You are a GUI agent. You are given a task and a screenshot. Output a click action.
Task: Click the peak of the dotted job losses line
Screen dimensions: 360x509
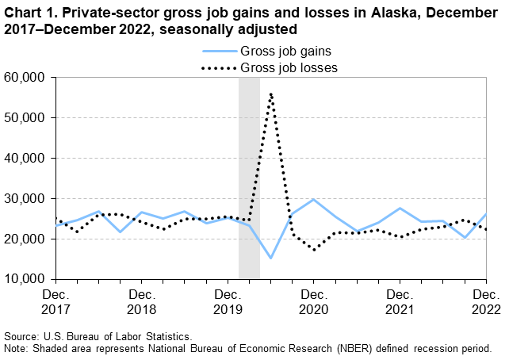point(271,94)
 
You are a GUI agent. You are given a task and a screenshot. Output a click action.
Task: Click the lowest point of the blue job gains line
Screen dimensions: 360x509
point(271,258)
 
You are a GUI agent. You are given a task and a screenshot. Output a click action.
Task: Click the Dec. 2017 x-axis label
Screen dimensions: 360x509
point(55,301)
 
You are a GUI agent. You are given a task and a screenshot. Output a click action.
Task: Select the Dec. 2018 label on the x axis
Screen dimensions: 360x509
point(142,301)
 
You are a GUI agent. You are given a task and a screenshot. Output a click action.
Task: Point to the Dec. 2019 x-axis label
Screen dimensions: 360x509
point(228,301)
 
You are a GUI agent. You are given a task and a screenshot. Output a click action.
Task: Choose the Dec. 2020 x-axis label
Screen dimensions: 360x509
point(315,301)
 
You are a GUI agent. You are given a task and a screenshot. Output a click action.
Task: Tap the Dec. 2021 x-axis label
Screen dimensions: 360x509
point(401,301)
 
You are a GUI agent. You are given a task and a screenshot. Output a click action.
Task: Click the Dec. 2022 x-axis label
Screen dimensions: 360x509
point(484,301)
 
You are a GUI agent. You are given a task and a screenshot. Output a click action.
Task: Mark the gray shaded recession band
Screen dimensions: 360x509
point(249,178)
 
